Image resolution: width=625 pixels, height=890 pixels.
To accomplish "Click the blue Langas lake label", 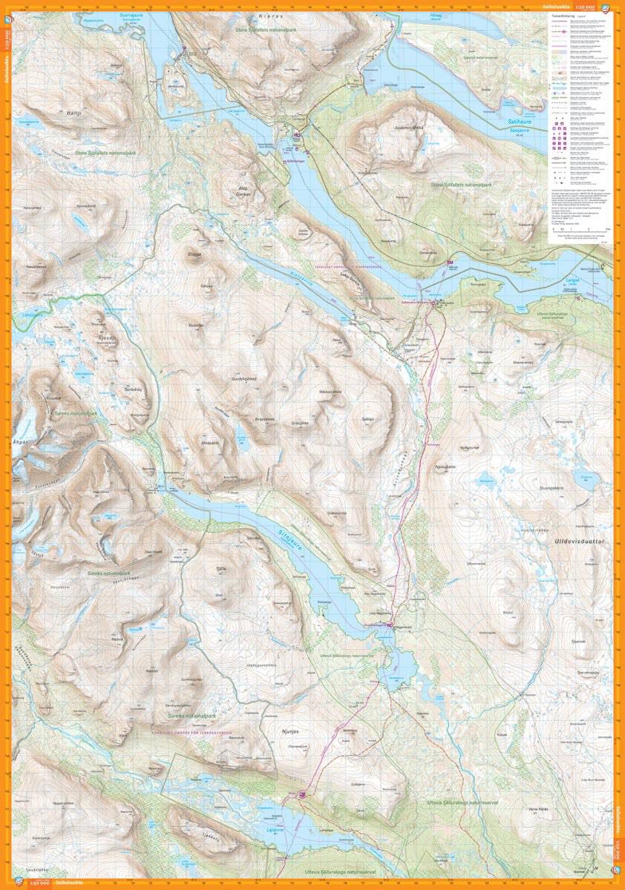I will coord(572,280).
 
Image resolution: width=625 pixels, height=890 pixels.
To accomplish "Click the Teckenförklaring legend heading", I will coord(566,15).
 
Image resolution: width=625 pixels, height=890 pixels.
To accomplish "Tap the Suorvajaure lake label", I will coord(131,16).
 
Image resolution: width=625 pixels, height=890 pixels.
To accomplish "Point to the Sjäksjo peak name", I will coord(366,419).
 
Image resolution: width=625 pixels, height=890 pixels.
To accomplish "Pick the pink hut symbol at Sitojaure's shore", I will coord(388,626).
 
